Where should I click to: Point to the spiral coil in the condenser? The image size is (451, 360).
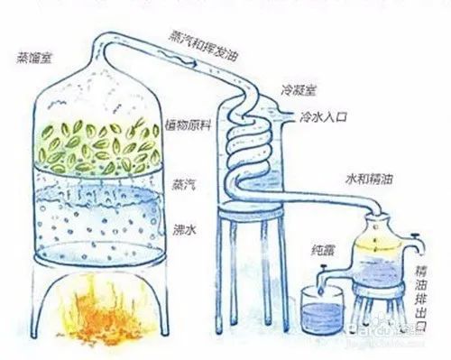point(245,149)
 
